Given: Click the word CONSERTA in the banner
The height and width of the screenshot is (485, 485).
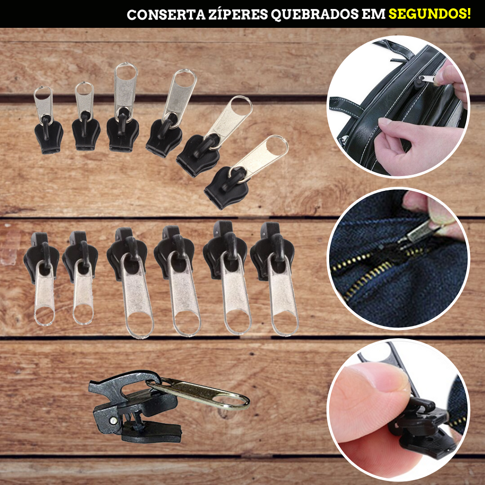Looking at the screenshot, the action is tap(166, 14).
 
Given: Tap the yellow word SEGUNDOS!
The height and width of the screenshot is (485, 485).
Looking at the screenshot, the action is tap(430, 14).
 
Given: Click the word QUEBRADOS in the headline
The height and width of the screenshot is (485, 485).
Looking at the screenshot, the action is tap(315, 15).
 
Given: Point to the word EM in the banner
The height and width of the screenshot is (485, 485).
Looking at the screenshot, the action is tap(373, 14).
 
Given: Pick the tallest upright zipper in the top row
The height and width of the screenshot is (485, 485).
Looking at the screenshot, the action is tap(124, 107).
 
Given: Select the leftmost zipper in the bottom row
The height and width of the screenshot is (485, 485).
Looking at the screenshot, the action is tap(42, 278).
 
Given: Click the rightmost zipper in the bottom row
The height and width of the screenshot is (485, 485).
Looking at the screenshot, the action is tap(275, 278).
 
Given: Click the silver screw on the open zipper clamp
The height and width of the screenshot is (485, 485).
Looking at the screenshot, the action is tap(114, 420).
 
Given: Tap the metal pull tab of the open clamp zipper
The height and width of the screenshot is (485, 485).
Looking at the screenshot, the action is tap(198, 393).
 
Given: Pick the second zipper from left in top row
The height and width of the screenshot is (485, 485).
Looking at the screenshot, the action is tap(86, 117).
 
